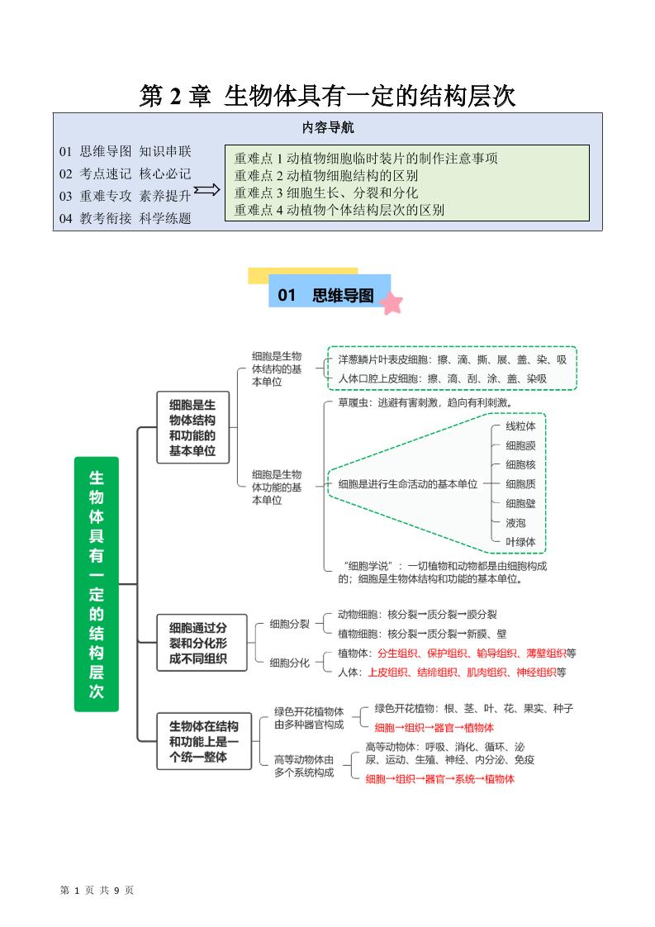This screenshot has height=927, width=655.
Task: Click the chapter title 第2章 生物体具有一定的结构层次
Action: coord(327,96)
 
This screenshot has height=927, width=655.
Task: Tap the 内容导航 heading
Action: coord(328,128)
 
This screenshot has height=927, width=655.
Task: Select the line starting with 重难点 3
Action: coord(326,193)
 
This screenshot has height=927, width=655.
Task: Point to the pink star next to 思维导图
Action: coord(392,303)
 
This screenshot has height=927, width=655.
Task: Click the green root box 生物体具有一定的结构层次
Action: coord(97,584)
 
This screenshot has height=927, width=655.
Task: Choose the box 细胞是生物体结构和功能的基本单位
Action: coord(192,427)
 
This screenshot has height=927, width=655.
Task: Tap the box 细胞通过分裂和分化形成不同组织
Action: coord(197,643)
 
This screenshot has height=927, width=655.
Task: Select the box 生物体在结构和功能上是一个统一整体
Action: coord(203,741)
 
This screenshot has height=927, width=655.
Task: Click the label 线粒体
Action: coord(520,426)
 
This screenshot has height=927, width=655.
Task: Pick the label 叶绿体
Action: coord(520,542)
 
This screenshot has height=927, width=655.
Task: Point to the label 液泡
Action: coord(515,523)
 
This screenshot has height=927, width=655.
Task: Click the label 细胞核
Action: coord(520,465)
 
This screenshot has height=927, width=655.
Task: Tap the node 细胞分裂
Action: coord(290,624)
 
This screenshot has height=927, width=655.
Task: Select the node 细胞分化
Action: coord(290,662)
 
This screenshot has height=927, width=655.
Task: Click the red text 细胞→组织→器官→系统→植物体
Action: coord(439,779)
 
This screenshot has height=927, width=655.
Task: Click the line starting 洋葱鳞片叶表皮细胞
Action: coord(452,360)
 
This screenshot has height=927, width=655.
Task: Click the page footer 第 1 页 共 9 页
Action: coord(97,890)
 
